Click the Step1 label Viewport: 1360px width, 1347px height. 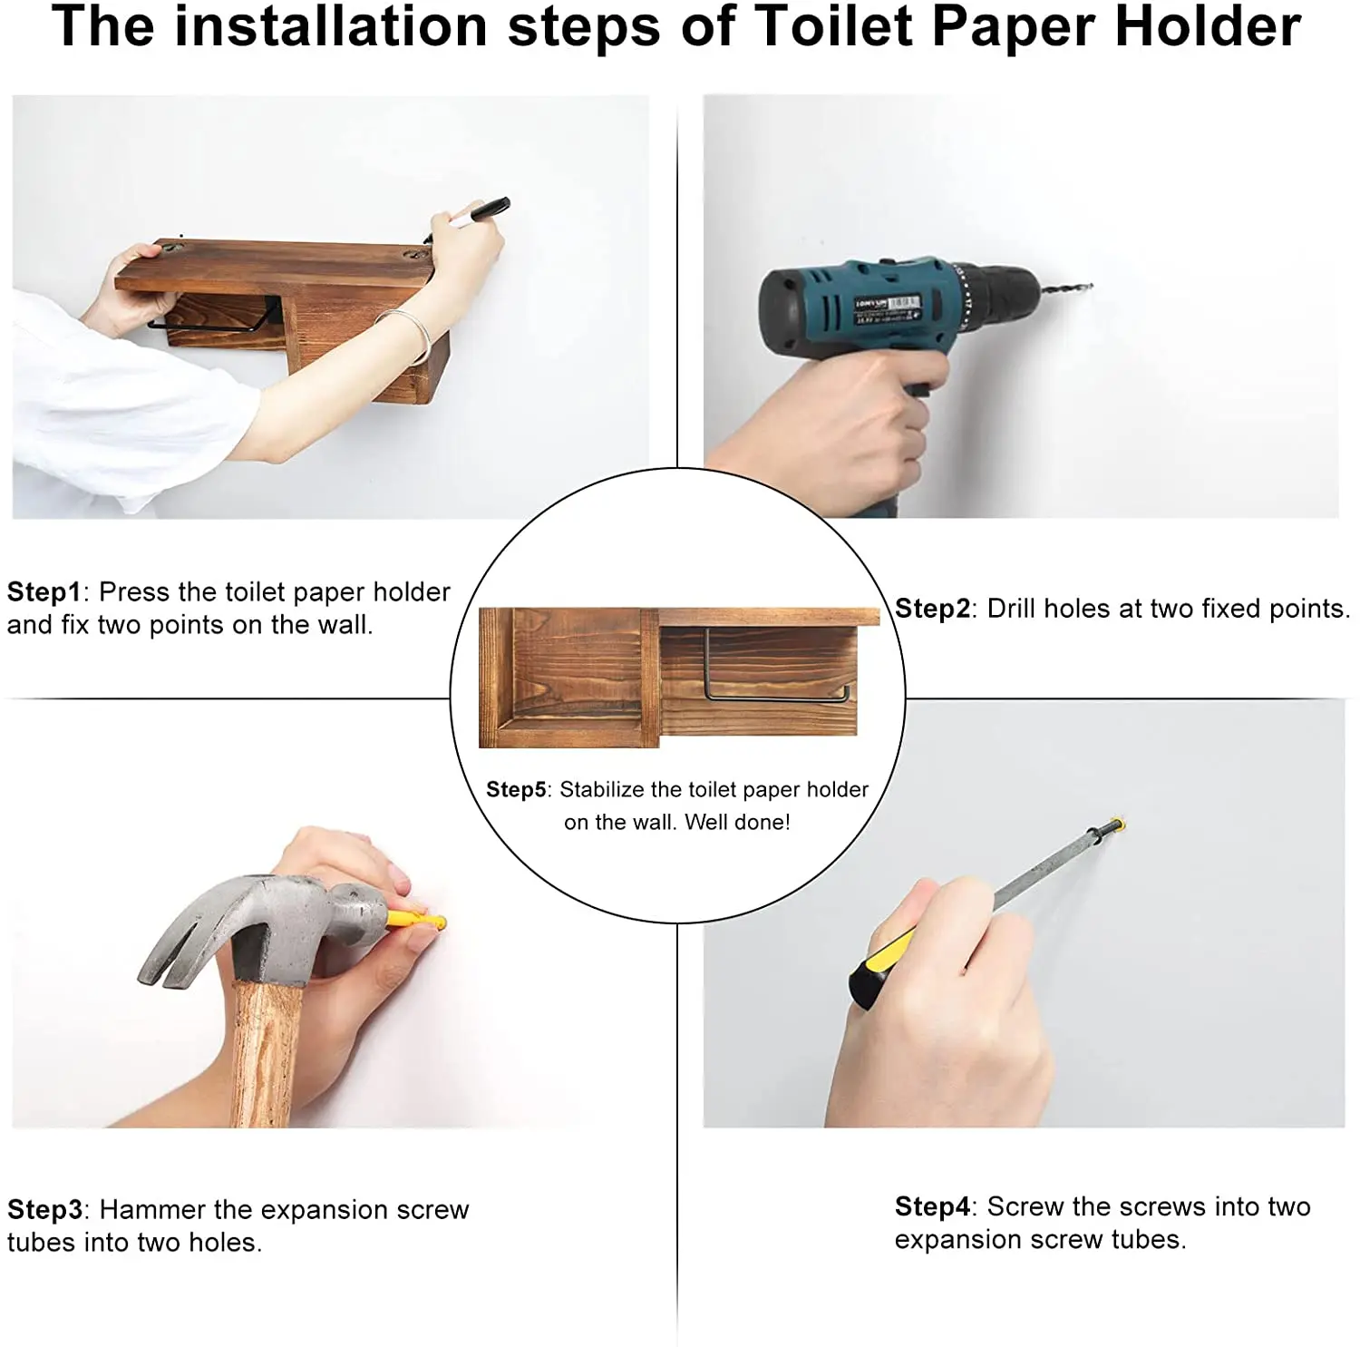point(44,592)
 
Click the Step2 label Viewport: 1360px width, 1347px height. point(933,609)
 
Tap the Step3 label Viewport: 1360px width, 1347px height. point(45,1210)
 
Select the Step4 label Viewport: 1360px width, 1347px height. point(933,1207)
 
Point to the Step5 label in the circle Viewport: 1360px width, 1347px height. point(517,790)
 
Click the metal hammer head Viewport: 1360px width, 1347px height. point(262,926)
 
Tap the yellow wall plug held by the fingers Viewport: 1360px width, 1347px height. point(416,922)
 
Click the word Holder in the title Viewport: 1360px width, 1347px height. point(1208,26)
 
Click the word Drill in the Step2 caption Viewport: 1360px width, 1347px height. point(1011,609)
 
